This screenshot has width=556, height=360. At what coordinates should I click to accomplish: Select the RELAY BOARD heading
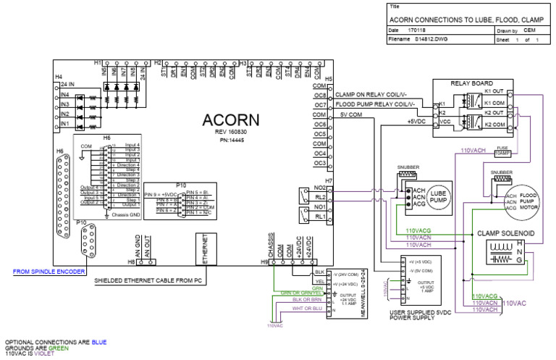[471, 83]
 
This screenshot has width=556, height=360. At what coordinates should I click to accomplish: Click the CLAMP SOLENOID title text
[505, 234]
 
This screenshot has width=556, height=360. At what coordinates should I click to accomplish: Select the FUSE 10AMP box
[501, 151]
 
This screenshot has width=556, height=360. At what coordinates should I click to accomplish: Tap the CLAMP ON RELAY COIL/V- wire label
[371, 95]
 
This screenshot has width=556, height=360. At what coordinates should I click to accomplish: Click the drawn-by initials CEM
[529, 31]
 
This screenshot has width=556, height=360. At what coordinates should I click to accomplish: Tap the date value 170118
[417, 31]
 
